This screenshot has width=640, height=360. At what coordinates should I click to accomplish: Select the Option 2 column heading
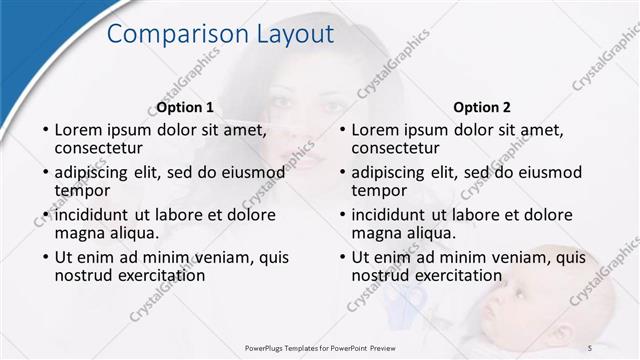click(x=482, y=107)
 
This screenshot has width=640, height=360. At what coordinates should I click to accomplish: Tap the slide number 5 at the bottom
click(x=590, y=346)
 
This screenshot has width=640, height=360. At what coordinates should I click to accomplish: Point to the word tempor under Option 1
click(x=82, y=190)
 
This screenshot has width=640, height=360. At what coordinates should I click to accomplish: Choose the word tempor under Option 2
click(x=379, y=190)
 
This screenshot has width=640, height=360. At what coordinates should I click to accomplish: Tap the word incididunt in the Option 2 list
click(x=394, y=215)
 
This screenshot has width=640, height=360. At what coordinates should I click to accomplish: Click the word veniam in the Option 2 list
click(x=521, y=257)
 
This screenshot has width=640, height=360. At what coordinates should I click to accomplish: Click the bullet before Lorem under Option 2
click(x=342, y=130)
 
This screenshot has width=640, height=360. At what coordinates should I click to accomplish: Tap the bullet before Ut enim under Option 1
click(x=45, y=257)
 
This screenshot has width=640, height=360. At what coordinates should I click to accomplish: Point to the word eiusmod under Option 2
click(x=536, y=172)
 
